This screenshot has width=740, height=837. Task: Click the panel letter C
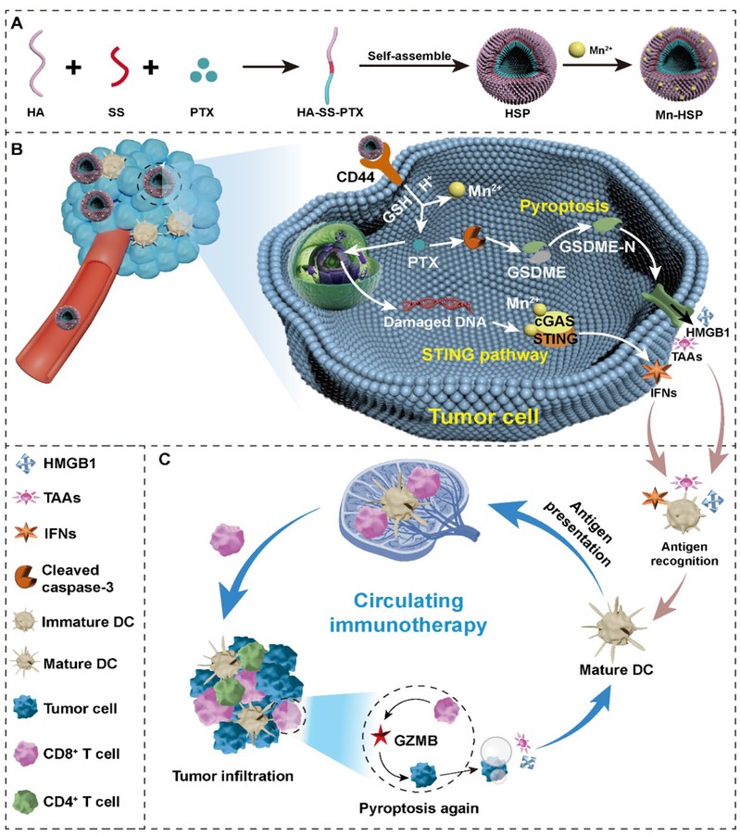(163, 459)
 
